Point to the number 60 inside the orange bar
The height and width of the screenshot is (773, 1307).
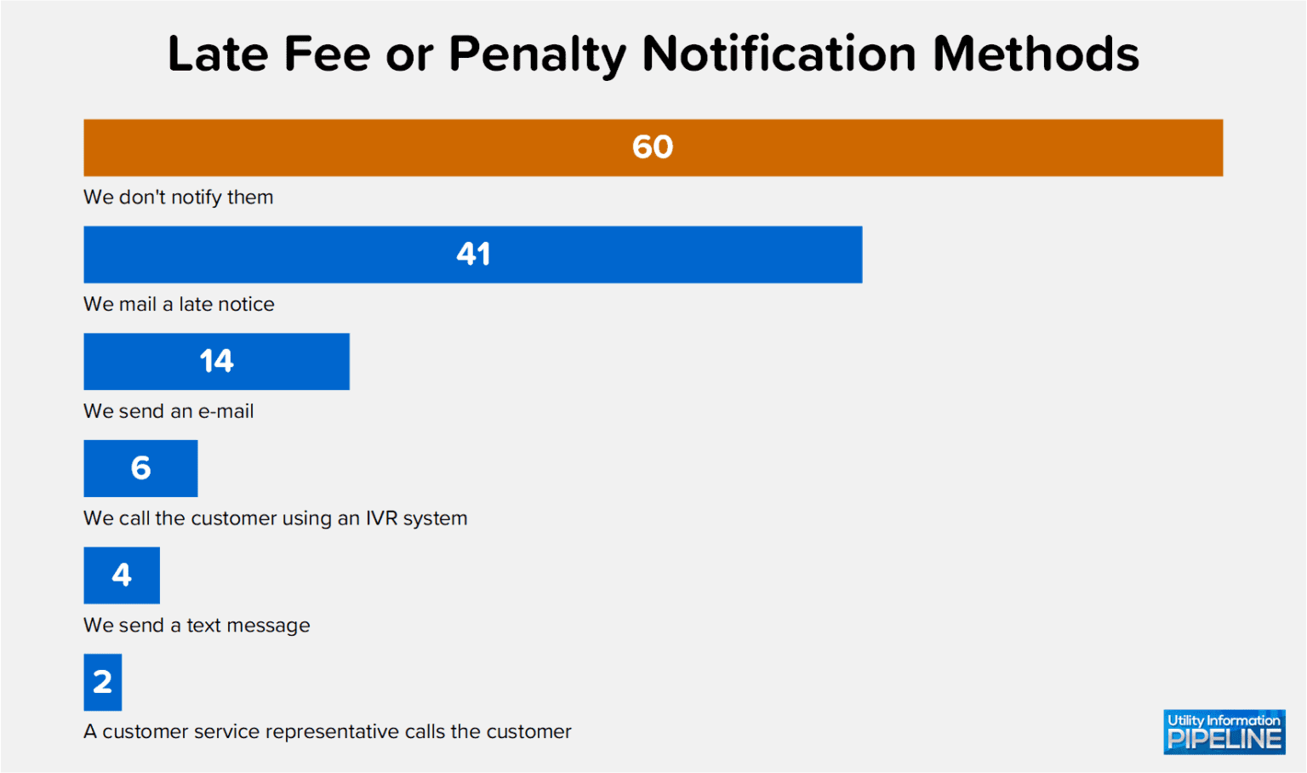coord(653,147)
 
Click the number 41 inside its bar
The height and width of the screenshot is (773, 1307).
coord(473,255)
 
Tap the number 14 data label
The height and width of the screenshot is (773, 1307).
coord(216,362)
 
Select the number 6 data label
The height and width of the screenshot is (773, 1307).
coord(140,468)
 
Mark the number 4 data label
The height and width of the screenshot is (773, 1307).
coord(122,575)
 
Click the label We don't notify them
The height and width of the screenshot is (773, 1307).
coord(179,198)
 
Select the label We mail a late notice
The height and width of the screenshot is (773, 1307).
coord(179,305)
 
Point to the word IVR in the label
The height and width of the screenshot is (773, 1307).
coord(381,518)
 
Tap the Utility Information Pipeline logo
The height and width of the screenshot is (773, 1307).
coord(1224,732)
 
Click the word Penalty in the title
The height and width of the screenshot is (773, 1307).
coord(538,54)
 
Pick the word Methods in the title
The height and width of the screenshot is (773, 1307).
coord(1036,54)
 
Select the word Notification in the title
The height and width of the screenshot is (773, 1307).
coord(779,54)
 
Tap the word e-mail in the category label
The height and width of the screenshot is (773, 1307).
coord(225,412)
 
